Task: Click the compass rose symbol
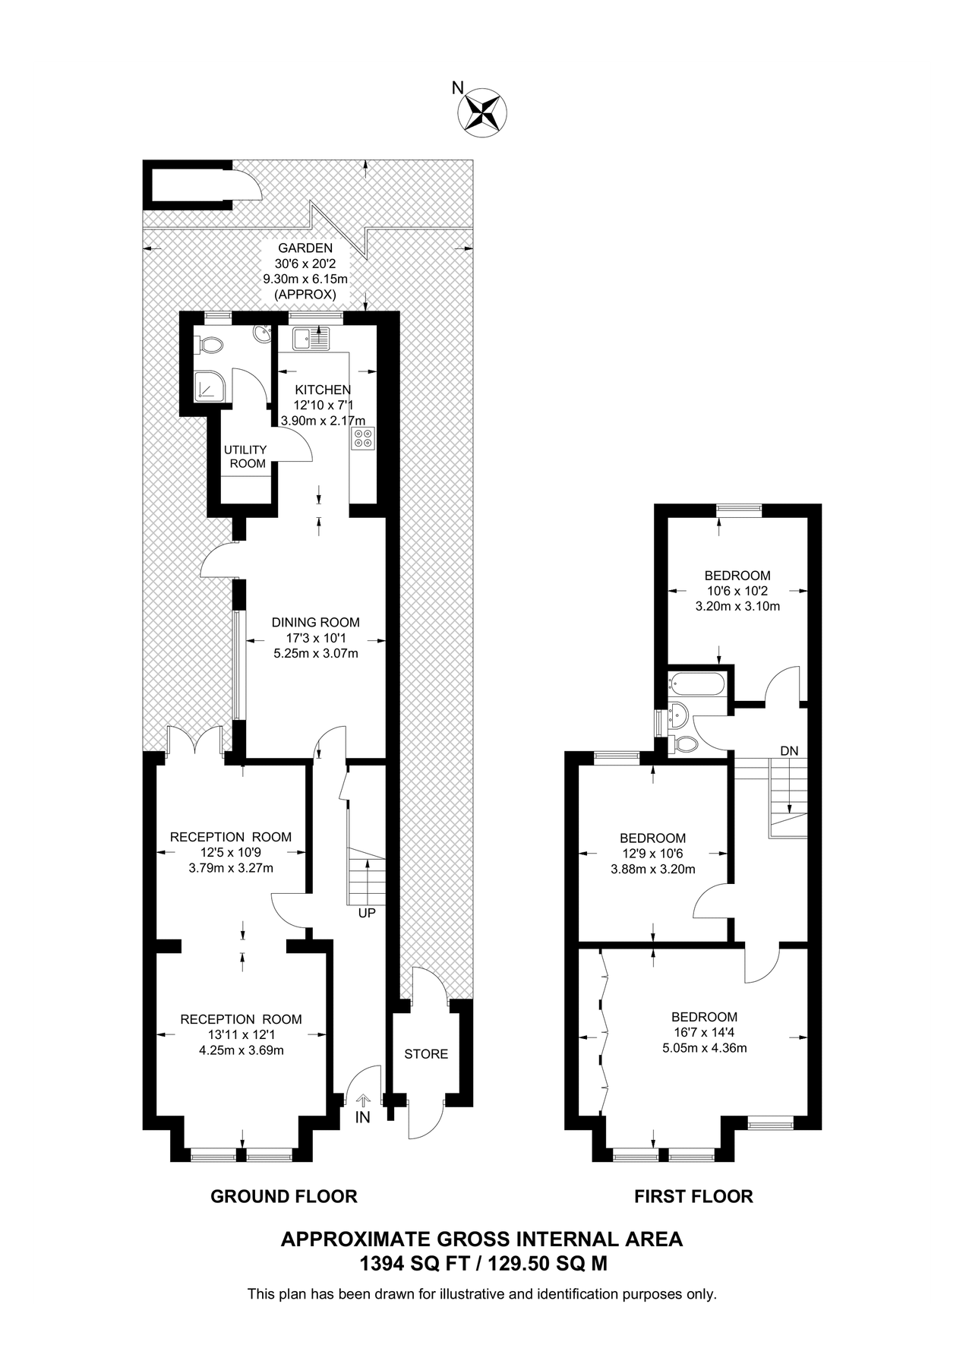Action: [x=482, y=112]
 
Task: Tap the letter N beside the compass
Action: [x=457, y=88]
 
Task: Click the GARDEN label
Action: [x=305, y=248]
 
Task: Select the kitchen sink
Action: [x=311, y=339]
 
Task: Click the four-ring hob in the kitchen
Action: [x=362, y=438]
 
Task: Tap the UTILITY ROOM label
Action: [x=245, y=456]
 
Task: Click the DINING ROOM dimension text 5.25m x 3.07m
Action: [x=316, y=653]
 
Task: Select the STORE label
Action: [x=426, y=1054]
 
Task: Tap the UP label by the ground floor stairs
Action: [x=367, y=913]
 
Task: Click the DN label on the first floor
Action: [x=789, y=750]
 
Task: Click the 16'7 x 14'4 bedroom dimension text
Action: [x=704, y=1033]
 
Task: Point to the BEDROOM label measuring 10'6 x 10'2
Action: [x=737, y=576]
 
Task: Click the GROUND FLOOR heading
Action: [x=283, y=1197]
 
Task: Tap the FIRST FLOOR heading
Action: [x=693, y=1197]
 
